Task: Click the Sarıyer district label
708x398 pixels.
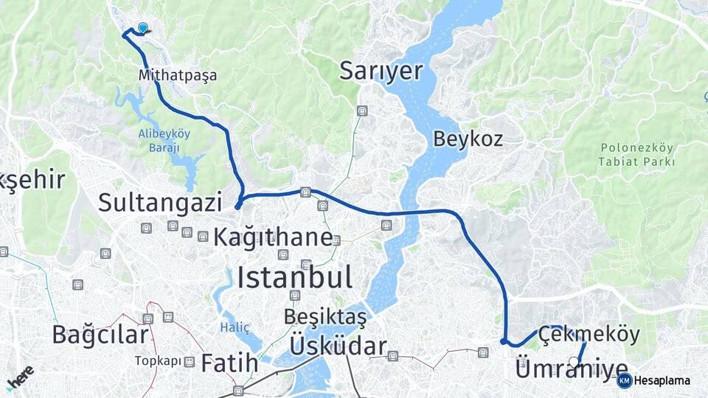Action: (x=381, y=71)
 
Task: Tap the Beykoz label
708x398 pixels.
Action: (x=468, y=138)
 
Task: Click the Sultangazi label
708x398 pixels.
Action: (x=160, y=201)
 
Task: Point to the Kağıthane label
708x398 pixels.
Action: (x=273, y=237)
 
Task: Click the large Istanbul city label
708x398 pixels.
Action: (x=294, y=278)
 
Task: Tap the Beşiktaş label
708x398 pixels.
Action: (x=325, y=317)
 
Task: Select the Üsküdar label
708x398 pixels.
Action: (x=338, y=346)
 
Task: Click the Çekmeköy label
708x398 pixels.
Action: (x=589, y=334)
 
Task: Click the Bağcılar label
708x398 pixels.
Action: (x=100, y=334)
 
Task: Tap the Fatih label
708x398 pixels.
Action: (x=229, y=363)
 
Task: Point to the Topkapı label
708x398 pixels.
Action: (x=157, y=361)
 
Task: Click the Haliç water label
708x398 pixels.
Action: (x=235, y=327)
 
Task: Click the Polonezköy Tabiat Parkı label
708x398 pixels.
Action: (x=637, y=154)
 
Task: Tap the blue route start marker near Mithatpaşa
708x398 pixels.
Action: (x=142, y=28)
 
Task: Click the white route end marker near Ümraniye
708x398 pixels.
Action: (x=574, y=361)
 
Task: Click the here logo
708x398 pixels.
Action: (x=20, y=378)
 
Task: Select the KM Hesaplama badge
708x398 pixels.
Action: (x=654, y=381)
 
